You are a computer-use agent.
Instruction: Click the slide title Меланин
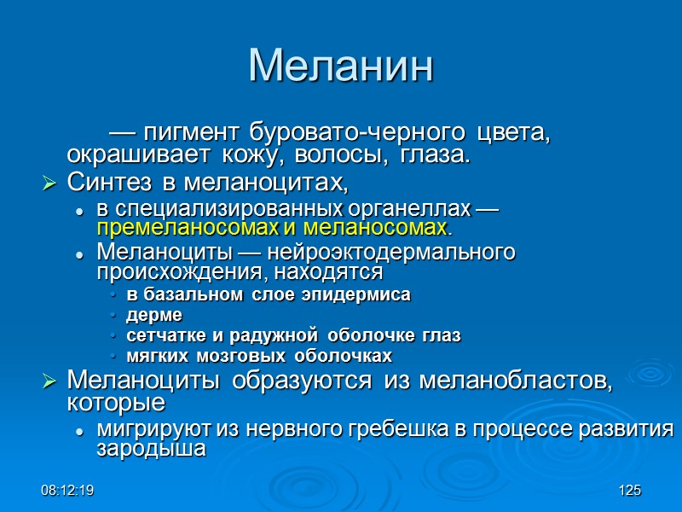point(341,66)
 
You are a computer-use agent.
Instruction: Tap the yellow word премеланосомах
point(186,229)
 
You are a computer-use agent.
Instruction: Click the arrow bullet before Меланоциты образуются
point(49,381)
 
